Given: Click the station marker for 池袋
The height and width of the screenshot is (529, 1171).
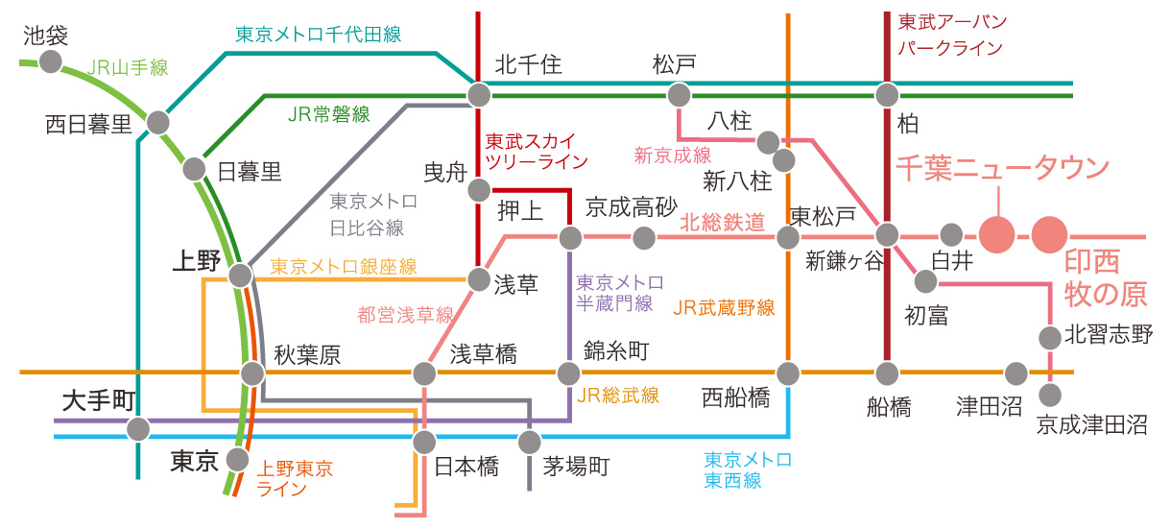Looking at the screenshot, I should coord(50,62).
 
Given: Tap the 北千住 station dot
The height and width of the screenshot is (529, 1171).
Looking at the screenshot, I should coord(478,94).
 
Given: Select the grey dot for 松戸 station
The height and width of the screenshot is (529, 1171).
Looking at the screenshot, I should coord(679,94).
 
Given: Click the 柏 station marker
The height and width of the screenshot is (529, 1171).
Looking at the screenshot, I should coord(887,94).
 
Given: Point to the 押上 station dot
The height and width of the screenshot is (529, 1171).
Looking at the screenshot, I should coord(570,236).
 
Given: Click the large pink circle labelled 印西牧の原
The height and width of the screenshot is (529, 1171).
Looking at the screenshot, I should coord(1049,233).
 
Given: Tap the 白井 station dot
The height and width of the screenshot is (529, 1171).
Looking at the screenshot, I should coord(951,233).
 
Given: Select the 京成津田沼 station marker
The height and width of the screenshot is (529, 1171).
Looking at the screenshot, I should coord(1051,395).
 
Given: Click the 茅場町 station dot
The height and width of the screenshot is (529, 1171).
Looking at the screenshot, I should coord(529,443).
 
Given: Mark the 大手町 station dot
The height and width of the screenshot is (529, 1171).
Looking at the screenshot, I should coord(139,428).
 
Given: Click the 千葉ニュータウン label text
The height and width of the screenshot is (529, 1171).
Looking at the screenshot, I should coord(1002,168).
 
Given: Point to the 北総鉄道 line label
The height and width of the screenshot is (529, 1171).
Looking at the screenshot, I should coord(723,223).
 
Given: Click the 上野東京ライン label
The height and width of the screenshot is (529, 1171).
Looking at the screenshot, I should coord(294,478).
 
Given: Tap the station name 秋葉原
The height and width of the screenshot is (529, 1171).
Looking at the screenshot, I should coord(307,355).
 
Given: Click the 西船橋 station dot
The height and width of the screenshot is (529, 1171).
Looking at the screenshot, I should coord(788,372).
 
